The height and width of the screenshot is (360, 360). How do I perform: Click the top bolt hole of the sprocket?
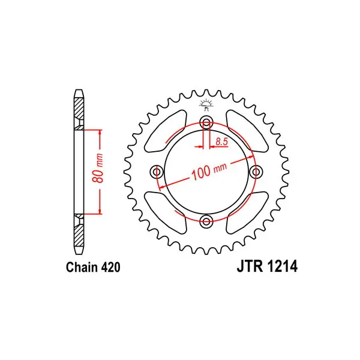206,123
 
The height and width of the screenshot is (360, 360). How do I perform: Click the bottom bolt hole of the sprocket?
206,221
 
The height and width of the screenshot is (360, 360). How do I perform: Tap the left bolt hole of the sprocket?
157,172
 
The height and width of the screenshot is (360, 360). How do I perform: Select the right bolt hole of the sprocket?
256,172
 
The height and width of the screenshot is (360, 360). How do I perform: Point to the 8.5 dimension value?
221,142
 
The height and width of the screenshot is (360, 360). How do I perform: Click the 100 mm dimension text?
209,172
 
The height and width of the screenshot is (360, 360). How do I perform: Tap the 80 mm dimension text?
98,168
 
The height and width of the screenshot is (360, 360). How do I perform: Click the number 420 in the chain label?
110,267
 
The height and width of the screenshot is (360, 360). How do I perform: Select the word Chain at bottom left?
82,267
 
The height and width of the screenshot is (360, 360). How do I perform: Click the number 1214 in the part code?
282,266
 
